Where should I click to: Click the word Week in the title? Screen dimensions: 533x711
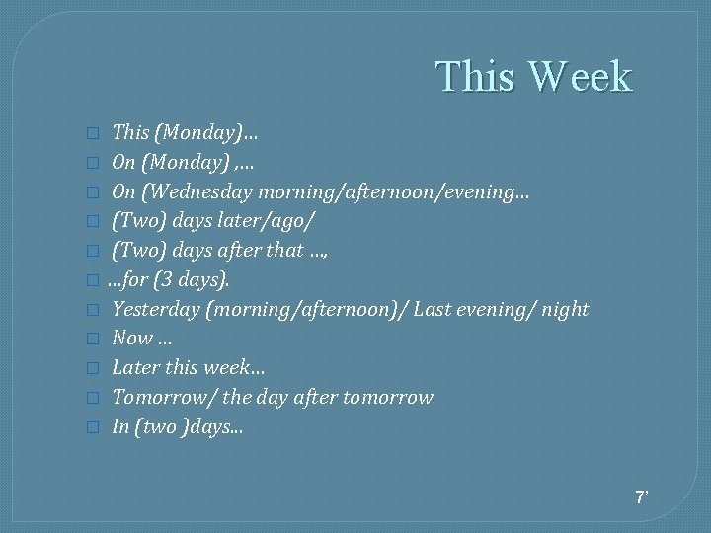(x=580, y=77)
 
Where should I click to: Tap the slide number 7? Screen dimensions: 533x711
(x=641, y=496)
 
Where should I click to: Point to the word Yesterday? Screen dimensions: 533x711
(x=156, y=310)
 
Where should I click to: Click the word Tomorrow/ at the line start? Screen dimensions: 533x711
(x=164, y=398)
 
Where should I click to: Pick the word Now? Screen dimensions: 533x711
(x=132, y=339)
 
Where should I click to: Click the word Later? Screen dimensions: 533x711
(x=136, y=368)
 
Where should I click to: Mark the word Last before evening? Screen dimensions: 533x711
(x=433, y=310)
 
